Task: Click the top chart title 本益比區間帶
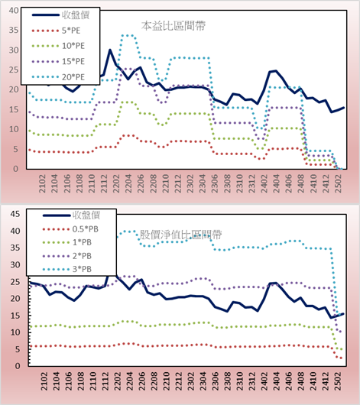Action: click(174, 26)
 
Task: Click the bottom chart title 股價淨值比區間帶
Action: click(180, 235)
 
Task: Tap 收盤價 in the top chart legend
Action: click(76, 15)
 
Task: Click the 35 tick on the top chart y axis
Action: click(14, 30)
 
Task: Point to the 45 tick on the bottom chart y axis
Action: click(15, 214)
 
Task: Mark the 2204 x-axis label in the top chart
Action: click(128, 183)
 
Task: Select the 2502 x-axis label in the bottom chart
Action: click(338, 381)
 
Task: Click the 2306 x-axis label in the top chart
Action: click(215, 183)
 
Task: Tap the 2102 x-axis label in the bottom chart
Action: click(44, 381)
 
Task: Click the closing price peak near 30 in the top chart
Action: click(110, 50)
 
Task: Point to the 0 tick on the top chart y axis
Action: click(16, 169)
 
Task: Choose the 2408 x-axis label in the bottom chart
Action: click(301, 381)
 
